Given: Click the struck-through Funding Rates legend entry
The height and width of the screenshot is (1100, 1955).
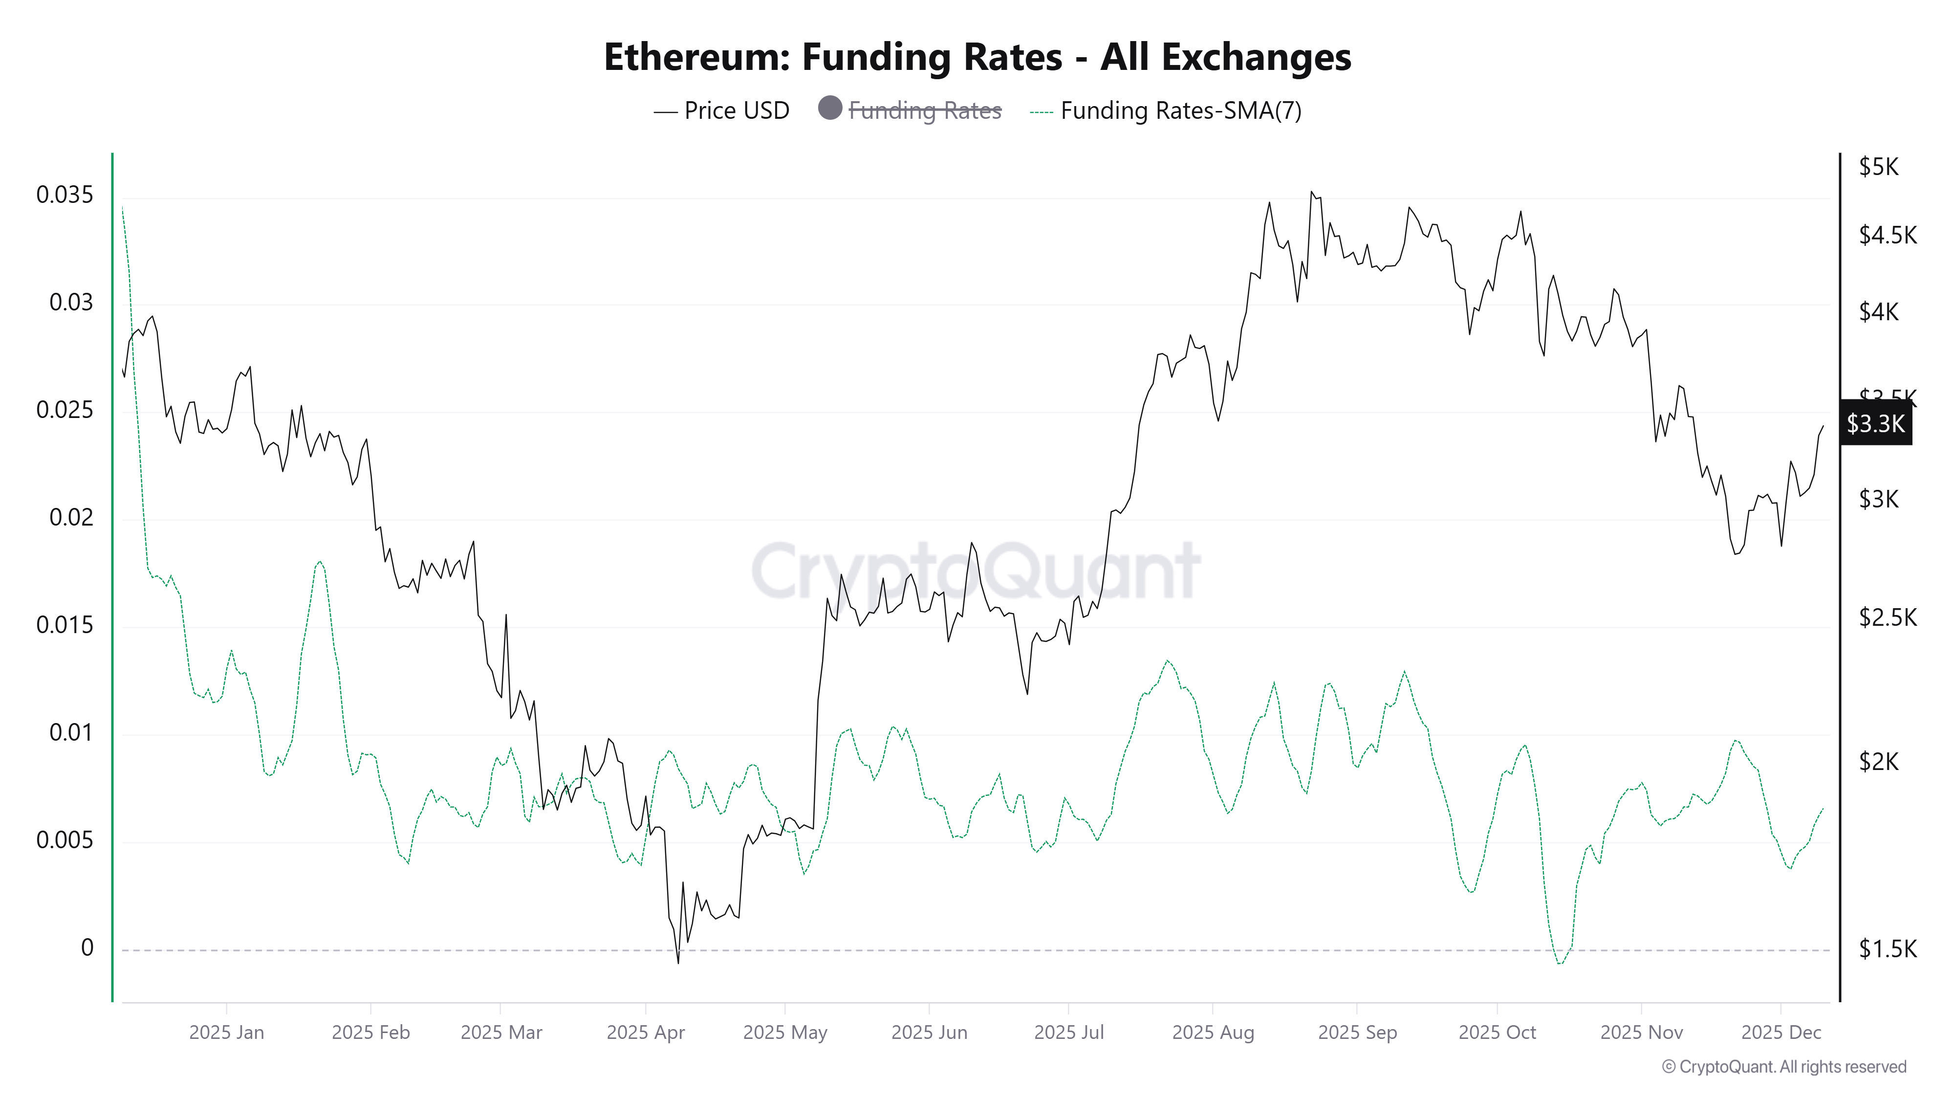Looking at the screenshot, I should coord(924,111).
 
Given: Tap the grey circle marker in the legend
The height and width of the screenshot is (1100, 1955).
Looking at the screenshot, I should coord(829,108).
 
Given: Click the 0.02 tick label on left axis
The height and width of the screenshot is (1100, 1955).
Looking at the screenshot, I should coord(70,518).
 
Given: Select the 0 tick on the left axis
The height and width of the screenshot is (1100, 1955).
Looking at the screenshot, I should coord(87,948).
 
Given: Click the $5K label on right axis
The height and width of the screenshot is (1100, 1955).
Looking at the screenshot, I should coord(1878,167).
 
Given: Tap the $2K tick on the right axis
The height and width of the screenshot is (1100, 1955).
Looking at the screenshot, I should coord(1878,761).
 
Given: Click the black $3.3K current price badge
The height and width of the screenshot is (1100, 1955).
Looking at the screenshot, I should coord(1875,423).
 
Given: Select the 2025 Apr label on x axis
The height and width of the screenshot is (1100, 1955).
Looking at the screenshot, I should coord(645,1033).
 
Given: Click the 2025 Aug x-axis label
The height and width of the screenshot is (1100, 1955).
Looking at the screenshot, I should coord(1212,1033).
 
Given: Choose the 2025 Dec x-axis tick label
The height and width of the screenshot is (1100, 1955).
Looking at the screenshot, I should coord(1781,1033).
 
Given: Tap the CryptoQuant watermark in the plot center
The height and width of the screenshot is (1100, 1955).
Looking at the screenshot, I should coord(975,571).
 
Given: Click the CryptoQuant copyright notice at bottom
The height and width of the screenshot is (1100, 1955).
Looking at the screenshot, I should coord(1783,1067).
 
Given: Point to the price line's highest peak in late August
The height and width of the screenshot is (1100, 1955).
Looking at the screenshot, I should coord(1311,192).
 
